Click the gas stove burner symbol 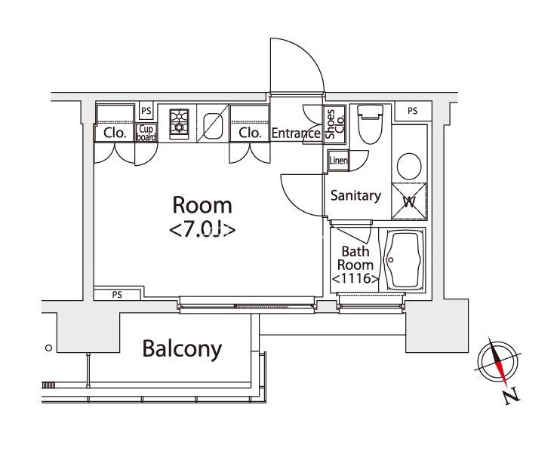click(x=179, y=124)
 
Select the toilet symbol click(x=370, y=124)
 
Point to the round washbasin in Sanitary click(x=409, y=166)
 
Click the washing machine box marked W click(x=409, y=201)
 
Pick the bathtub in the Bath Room click(x=405, y=259)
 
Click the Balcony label click(x=182, y=349)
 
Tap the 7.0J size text click(x=202, y=229)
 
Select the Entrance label click(x=296, y=133)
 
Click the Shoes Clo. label click(x=334, y=124)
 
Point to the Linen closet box click(x=338, y=161)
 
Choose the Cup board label click(x=146, y=133)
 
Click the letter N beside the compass click(x=512, y=396)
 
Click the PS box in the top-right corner click(x=413, y=111)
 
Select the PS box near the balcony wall click(x=117, y=295)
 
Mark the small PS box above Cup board click(x=146, y=111)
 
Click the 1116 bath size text click(x=355, y=278)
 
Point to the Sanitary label click(x=355, y=195)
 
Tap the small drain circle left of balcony click(x=48, y=348)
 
